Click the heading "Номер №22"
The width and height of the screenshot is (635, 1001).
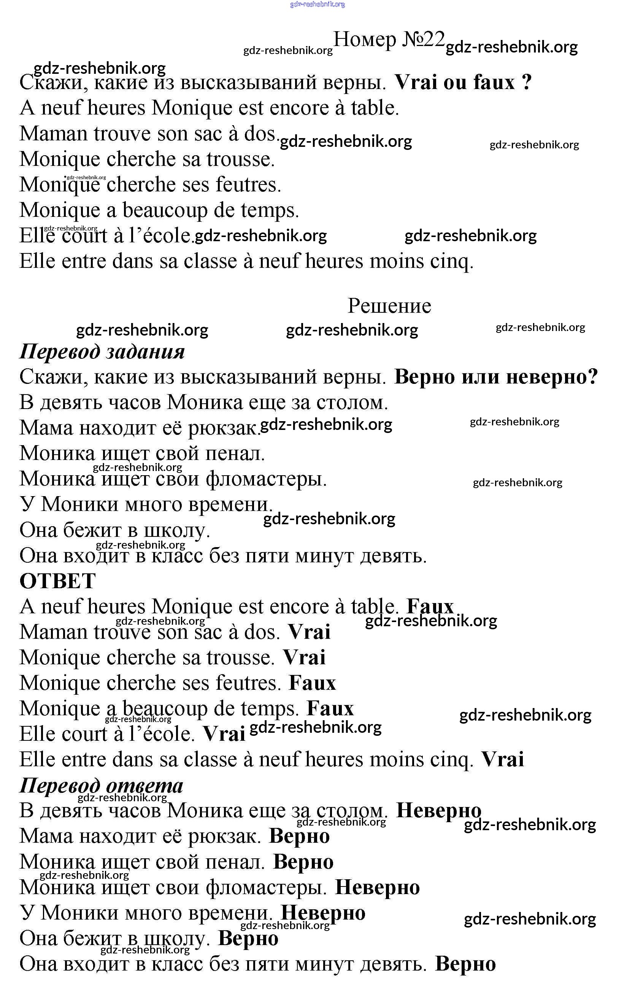click(x=389, y=40)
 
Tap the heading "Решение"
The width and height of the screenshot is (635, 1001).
click(x=389, y=306)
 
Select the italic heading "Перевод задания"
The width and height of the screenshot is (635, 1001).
click(x=102, y=352)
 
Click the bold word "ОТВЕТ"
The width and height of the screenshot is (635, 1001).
click(x=57, y=581)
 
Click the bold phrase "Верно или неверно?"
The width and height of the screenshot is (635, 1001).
click(x=495, y=377)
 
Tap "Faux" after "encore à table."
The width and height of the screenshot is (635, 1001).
click(x=430, y=606)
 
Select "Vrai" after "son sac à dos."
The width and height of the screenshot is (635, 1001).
click(x=309, y=632)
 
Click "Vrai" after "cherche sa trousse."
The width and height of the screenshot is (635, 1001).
click(x=304, y=658)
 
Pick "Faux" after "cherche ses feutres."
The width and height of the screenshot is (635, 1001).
click(x=312, y=683)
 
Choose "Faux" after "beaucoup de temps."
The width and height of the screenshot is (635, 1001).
click(x=330, y=708)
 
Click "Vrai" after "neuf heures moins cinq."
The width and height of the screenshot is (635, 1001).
click(x=502, y=759)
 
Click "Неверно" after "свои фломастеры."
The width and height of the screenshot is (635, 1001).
click(x=377, y=887)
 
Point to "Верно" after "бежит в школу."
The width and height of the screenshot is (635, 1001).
click(x=248, y=938)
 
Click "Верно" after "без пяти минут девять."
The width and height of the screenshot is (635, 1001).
click(x=465, y=964)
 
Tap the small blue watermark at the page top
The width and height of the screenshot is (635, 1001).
click(x=317, y=5)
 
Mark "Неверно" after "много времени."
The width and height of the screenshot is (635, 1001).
click(x=323, y=912)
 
